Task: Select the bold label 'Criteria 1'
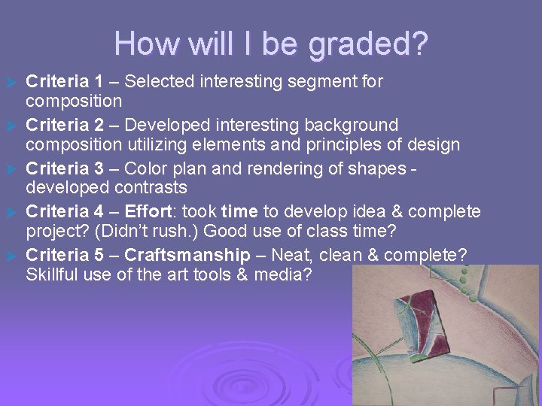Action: [62, 80]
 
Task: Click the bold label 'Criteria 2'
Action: [62, 123]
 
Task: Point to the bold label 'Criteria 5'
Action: [62, 254]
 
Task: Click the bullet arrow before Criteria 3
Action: [11, 168]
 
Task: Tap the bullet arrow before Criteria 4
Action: [11, 212]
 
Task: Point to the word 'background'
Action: [347, 123]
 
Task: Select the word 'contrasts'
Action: [154, 187]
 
